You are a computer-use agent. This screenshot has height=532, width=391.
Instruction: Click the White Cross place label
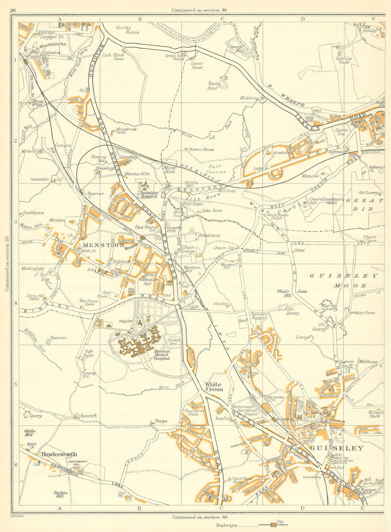click(x=214, y=387)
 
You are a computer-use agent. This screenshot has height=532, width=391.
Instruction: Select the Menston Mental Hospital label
click(x=162, y=355)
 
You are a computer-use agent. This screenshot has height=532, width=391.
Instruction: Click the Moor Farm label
click(x=365, y=313)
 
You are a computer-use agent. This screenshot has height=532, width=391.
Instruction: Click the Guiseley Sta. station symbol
click(x=274, y=418)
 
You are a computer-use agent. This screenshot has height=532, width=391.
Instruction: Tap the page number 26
click(x=13, y=10)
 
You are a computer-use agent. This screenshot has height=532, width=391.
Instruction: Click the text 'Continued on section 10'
click(x=199, y=10)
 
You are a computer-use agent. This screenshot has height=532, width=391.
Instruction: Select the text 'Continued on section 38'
click(x=199, y=517)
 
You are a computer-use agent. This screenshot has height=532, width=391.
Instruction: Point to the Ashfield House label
click(x=343, y=60)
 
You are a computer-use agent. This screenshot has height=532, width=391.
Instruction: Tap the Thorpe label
click(x=161, y=421)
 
